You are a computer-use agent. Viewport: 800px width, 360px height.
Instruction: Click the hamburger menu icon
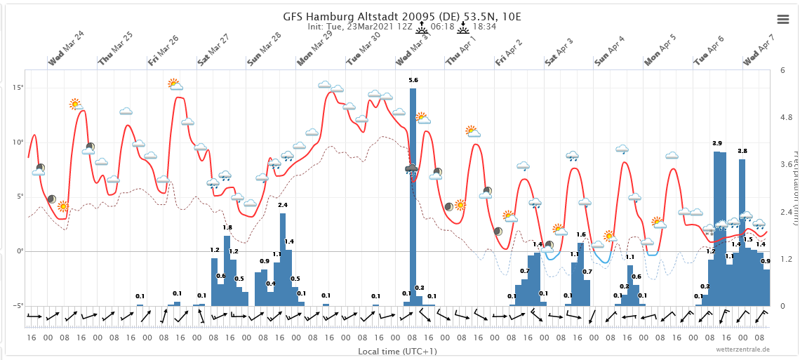pyautogui.click(x=783, y=19)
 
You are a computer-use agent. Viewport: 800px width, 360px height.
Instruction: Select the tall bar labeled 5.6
pyautogui.click(x=413, y=196)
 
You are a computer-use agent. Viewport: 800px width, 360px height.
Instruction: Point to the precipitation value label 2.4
pyautogui.click(x=283, y=205)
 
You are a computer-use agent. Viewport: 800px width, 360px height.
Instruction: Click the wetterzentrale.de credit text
pyautogui.click(x=742, y=349)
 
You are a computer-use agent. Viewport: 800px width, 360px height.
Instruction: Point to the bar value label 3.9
pyautogui.click(x=717, y=144)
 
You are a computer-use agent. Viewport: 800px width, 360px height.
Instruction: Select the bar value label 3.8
pyautogui.click(x=742, y=152)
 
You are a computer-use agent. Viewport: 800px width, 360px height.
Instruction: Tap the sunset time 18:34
pyautogui.click(x=484, y=27)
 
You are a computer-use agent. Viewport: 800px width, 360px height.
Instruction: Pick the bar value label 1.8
pyautogui.click(x=227, y=227)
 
